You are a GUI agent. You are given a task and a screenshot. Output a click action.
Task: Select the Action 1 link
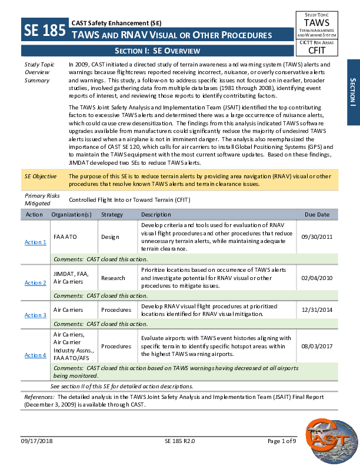[35, 242]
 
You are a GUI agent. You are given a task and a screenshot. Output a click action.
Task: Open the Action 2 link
[35, 283]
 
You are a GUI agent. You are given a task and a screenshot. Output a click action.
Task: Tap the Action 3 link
[35, 315]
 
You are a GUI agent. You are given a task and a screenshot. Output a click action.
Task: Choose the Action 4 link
[35, 355]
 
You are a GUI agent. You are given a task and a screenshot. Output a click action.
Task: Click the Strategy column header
[112, 215]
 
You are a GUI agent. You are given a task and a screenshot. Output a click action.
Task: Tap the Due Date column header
[318, 215]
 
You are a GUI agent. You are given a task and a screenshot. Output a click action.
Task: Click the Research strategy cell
[113, 278]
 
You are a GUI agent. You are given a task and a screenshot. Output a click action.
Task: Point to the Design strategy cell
[110, 237]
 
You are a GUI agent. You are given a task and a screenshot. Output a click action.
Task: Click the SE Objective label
[41, 176]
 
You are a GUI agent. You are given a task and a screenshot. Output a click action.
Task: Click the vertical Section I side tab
[352, 92]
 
